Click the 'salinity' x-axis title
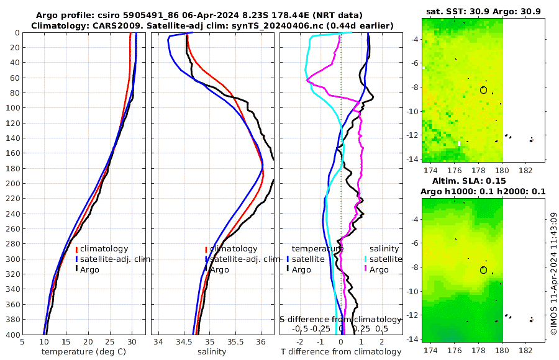click(212, 352)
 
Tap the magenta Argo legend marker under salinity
click(366, 269)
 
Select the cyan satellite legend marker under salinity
click(366, 259)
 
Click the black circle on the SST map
click(484, 90)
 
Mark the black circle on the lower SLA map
click(484, 270)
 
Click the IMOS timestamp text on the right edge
click(553, 273)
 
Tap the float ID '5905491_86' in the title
click(170, 15)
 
